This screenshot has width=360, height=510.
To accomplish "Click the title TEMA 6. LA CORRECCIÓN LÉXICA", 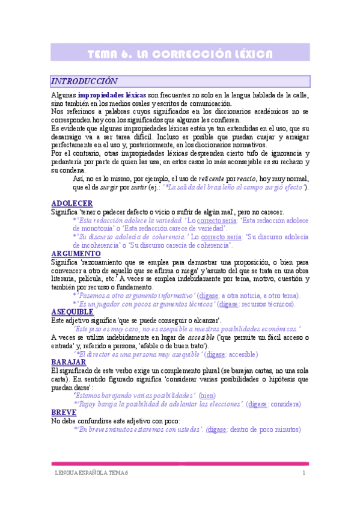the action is point(180,54).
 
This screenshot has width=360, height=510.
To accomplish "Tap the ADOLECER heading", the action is point(72,204).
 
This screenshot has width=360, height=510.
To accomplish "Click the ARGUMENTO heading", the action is point(76,254).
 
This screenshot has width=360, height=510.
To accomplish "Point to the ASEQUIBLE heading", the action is point(72,312).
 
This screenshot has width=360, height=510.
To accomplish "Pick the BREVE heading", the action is point(64,413).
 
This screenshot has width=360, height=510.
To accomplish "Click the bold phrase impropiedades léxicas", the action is point(112,96).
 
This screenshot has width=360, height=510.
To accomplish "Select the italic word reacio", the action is point(245,179).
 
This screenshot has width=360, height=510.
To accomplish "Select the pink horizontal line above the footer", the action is point(180,464).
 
